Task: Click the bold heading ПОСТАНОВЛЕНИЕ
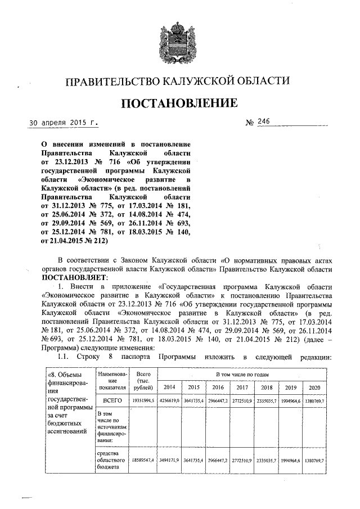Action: (178, 103)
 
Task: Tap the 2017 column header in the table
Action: (242, 388)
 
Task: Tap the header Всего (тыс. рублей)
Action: (143, 380)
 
